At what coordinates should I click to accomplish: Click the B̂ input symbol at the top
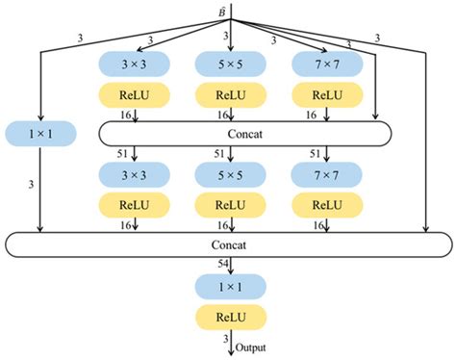click(x=227, y=9)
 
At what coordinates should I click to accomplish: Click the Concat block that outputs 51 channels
click(x=245, y=132)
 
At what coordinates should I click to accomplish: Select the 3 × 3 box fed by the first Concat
click(x=135, y=176)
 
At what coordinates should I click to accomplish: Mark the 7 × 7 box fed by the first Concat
click(x=327, y=176)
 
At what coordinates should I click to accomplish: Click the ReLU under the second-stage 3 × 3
click(x=135, y=205)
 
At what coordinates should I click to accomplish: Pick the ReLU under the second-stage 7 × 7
click(x=327, y=205)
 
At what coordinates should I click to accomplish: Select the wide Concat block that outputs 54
click(x=227, y=245)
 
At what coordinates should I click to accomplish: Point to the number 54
click(x=220, y=265)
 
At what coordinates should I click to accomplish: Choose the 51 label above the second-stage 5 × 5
click(x=220, y=153)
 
